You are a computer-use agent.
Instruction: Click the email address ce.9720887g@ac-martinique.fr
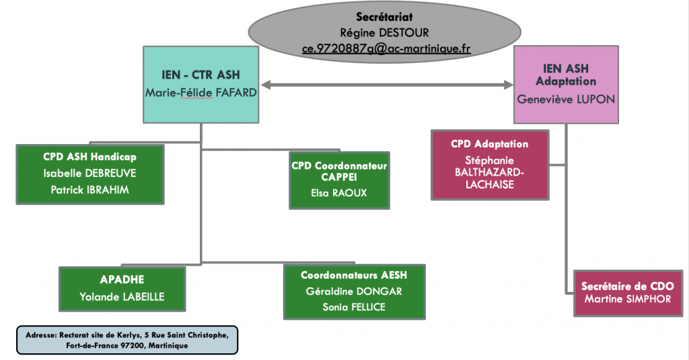pos(386,48)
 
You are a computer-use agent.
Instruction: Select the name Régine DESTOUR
pos(384,32)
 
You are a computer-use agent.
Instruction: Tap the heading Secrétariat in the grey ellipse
pos(384,17)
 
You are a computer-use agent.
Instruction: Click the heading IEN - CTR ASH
pos(201,75)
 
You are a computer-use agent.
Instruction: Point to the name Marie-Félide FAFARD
pos(201,93)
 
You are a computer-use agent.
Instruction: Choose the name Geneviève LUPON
pos(566,100)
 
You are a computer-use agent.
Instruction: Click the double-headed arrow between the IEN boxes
pos(387,85)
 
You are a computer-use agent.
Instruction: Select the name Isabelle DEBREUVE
pos(89,173)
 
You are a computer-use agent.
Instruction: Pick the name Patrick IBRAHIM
pos(89,190)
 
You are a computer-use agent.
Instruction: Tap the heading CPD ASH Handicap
pos(89,157)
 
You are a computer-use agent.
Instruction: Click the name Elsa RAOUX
pos(339,193)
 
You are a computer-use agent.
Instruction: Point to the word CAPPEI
pos(339,177)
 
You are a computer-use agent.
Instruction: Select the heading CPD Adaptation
pos(490,144)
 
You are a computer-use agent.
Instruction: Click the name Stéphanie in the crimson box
pos(490,161)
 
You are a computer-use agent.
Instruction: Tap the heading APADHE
pos(122,279)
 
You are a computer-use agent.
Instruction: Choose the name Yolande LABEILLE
pos(122,297)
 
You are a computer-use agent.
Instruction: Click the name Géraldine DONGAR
pos(354,291)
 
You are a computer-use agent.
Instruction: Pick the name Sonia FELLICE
pos(354,308)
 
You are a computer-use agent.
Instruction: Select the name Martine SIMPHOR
pos(628,299)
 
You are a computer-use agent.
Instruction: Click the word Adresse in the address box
pos(41,335)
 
